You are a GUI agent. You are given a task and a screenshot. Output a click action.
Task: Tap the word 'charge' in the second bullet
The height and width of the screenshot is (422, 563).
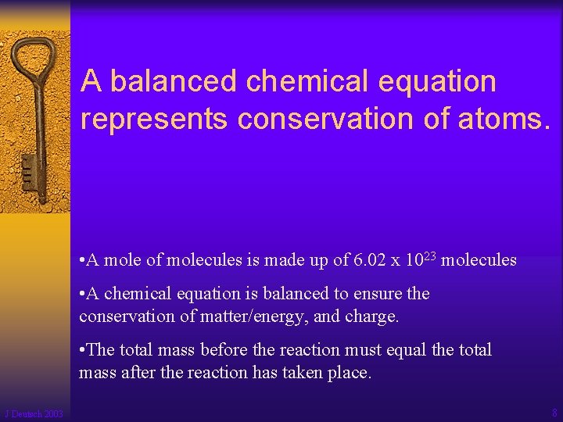[x=373, y=316]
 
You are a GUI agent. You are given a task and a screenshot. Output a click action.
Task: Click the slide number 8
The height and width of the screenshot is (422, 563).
[x=553, y=413]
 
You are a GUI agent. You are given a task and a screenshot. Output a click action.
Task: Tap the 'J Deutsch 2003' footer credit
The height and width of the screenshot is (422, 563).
[x=34, y=413]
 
